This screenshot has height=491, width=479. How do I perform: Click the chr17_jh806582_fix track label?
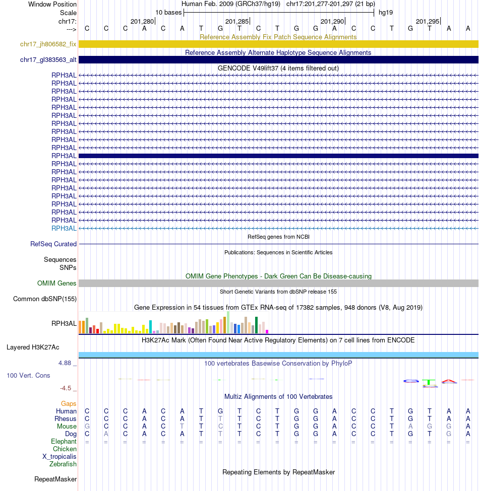(x=48, y=44)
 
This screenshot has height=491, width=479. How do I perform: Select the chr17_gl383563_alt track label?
(x=48, y=60)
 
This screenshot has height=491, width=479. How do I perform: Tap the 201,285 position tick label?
(x=237, y=22)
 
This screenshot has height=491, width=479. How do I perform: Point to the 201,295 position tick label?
(x=428, y=22)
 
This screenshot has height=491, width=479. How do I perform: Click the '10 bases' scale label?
(x=168, y=13)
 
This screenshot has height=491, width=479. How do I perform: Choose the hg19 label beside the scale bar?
(x=386, y=13)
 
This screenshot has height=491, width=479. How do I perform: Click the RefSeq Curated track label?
(x=53, y=244)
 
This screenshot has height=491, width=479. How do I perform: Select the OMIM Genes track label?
(x=57, y=284)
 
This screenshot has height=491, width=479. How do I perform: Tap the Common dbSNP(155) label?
(x=45, y=299)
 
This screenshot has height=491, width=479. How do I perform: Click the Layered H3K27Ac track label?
(x=33, y=347)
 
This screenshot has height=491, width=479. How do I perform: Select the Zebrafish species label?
(x=63, y=464)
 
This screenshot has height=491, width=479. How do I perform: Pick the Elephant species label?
(x=64, y=442)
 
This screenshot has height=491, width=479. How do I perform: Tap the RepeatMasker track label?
(x=55, y=479)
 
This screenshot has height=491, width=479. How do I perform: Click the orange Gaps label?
(x=69, y=404)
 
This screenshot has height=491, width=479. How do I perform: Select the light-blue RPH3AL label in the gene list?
(x=64, y=228)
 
